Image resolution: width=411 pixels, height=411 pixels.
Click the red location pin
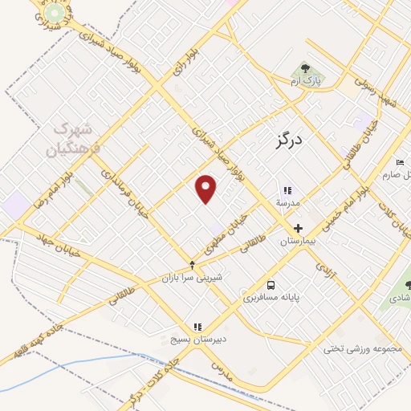[x=206, y=188]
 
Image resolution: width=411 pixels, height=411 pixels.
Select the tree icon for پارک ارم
[x=305, y=70]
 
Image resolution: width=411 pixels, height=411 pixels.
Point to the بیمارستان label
[x=299, y=241]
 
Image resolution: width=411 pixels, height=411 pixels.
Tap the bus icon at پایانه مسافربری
[x=271, y=285]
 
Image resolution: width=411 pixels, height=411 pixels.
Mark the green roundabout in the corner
[x=54, y=14]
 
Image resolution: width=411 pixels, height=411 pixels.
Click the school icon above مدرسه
[x=286, y=190]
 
